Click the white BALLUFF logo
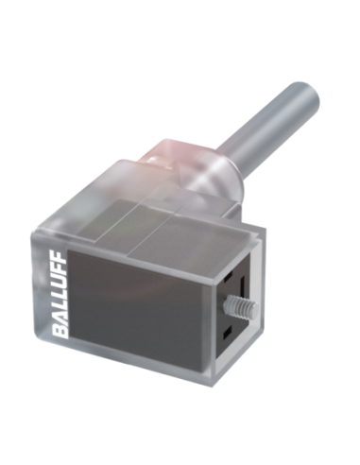(x=59, y=294)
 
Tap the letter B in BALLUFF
(x=59, y=332)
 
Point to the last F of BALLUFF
(x=59, y=257)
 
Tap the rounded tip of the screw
(x=256, y=307)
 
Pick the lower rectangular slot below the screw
(x=227, y=334)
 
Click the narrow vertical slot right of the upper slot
(x=242, y=284)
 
